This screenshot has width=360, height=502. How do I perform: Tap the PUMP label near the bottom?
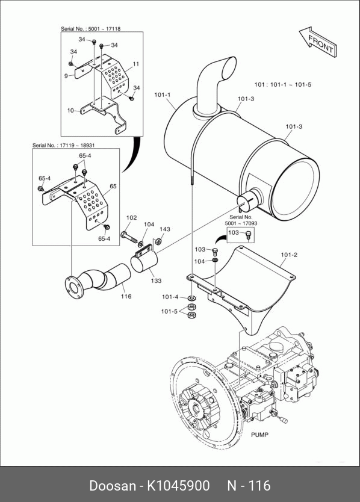[259, 435]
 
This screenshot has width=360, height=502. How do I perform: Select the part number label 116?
[126, 297]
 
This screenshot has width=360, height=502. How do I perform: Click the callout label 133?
[156, 280]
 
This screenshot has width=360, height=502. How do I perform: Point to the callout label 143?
[164, 229]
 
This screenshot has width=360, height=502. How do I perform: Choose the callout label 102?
[131, 218]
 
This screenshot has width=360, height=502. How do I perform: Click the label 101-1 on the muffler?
[163, 95]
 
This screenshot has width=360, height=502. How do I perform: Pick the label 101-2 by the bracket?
[289, 255]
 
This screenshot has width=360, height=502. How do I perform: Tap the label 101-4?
[170, 297]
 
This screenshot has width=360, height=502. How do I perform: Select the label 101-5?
[169, 311]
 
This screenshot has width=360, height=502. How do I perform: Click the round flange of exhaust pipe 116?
[73, 288]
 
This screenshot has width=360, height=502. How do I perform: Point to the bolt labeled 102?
[130, 237]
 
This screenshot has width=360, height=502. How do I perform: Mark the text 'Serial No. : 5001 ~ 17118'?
[91, 29]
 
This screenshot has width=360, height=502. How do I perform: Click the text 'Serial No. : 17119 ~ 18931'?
[63, 145]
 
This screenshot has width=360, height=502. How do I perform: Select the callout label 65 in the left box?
[113, 187]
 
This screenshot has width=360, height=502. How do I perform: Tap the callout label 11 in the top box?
[136, 64]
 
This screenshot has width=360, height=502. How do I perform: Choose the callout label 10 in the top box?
[70, 111]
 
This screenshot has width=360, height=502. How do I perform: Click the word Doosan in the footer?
[113, 486]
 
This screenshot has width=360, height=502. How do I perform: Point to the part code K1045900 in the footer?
[178, 486]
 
